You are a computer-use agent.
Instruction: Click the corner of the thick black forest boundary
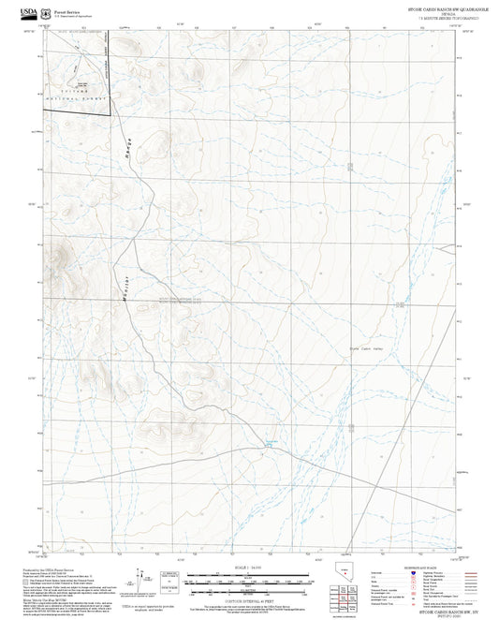click(111, 114)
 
